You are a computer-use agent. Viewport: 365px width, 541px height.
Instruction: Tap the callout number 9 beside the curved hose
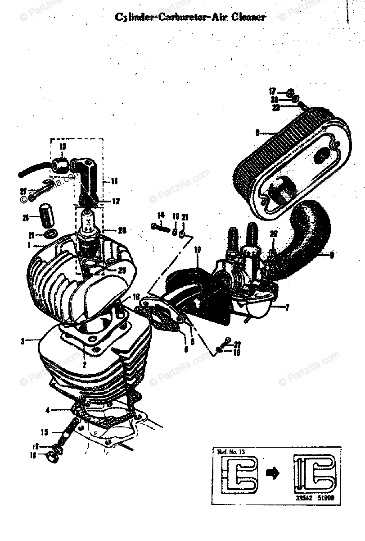pyautogui.click(x=332, y=255)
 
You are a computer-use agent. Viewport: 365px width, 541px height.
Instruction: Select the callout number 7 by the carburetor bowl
pyautogui.click(x=286, y=307)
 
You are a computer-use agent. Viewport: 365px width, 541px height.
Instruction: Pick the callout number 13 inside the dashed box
pyautogui.click(x=63, y=147)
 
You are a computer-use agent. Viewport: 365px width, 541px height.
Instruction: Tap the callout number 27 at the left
pyautogui.click(x=23, y=191)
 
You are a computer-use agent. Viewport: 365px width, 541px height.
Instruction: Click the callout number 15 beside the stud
pyautogui.click(x=44, y=432)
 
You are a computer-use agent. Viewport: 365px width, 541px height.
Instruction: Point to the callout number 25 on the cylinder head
pyautogui.click(x=122, y=270)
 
